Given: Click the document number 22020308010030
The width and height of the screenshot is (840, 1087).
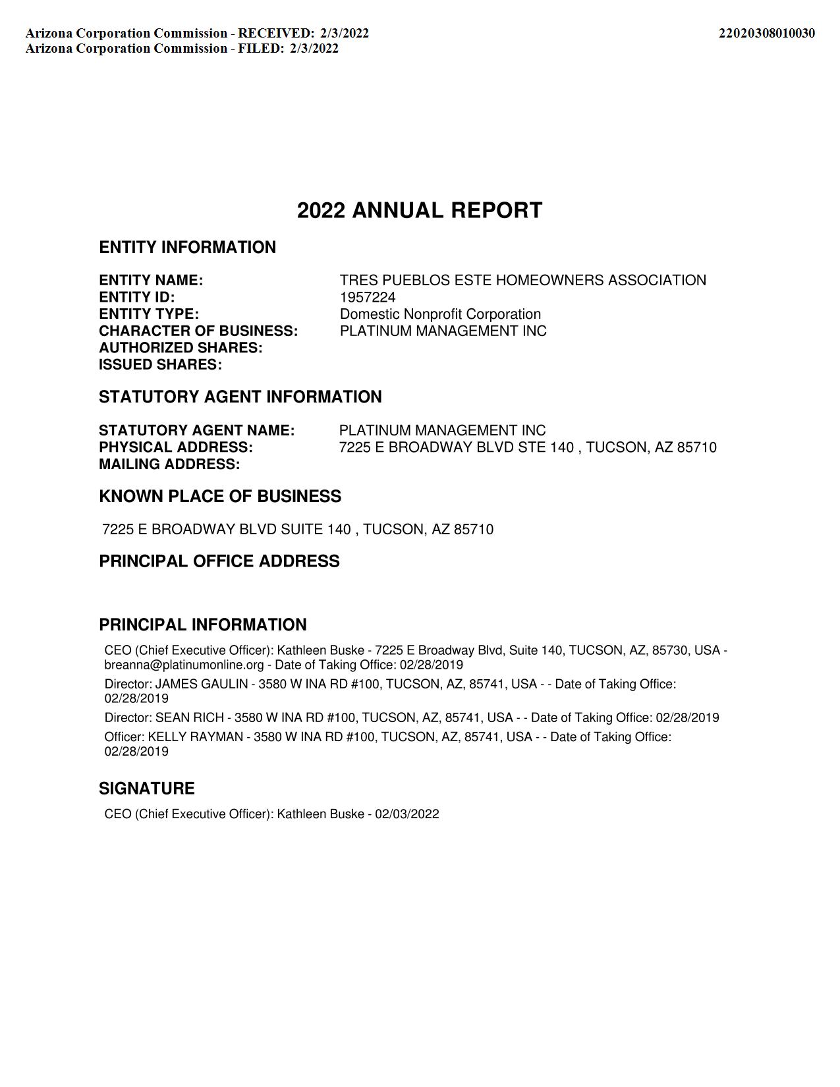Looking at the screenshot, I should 766,33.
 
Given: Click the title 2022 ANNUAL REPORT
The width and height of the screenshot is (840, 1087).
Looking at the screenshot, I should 420,211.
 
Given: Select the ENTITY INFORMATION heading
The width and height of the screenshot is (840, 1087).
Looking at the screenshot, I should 187,247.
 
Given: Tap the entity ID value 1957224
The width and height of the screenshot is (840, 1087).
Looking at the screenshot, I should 368,297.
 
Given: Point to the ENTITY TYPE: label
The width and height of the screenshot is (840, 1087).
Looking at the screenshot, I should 149,314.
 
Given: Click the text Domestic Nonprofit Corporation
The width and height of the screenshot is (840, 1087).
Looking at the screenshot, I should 440,314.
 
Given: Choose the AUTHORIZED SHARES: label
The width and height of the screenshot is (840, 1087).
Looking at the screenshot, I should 181,348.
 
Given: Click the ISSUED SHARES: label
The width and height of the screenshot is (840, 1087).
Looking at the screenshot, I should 160,365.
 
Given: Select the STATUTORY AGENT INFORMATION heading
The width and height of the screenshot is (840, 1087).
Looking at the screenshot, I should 240,397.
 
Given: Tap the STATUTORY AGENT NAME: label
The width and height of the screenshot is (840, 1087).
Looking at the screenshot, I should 196,431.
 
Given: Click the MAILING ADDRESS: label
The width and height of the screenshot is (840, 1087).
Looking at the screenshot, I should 169,464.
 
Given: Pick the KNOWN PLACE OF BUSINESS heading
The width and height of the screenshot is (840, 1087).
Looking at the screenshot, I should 220,496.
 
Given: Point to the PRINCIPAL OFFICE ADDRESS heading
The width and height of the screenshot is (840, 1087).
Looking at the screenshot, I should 219,561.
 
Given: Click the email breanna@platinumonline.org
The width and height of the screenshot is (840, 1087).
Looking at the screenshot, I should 184,665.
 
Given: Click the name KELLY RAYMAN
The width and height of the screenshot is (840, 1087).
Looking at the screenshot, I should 195,737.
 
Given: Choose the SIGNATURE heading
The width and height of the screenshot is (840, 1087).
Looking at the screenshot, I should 147,789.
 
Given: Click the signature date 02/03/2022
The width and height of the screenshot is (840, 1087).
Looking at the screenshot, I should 407,814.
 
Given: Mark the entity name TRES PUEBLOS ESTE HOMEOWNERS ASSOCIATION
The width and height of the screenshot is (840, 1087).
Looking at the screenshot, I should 522,281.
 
